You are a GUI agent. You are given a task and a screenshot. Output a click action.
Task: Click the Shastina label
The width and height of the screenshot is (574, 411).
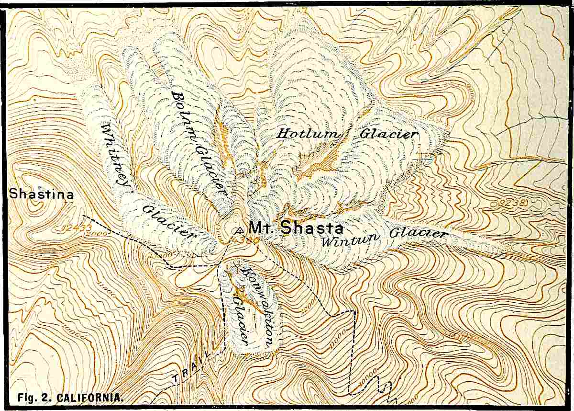[42, 194]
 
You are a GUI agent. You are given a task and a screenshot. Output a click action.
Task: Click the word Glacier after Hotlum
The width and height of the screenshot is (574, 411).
[388, 134]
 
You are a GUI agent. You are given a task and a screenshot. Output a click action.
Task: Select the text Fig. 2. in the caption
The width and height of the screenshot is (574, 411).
[34, 398]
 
